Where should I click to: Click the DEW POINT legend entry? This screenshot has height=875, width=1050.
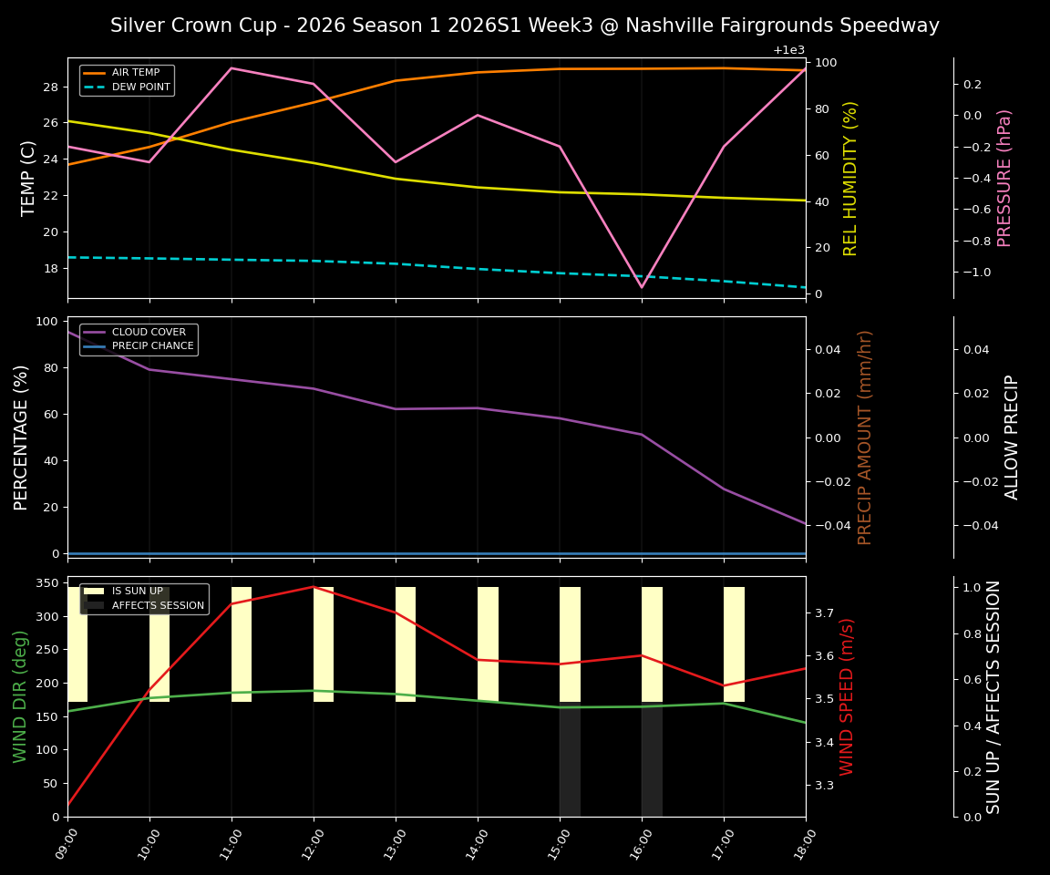[140, 87]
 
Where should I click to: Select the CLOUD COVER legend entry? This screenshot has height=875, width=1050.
[149, 333]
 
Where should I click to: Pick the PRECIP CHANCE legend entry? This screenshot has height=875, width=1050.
[152, 346]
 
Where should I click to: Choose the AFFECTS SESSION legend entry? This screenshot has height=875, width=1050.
[158, 605]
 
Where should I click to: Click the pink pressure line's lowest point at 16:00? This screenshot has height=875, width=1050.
[642, 287]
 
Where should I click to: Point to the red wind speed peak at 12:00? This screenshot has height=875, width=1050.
[314, 587]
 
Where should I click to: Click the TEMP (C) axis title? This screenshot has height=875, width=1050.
[28, 178]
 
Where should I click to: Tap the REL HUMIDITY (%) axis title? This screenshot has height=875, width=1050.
[850, 178]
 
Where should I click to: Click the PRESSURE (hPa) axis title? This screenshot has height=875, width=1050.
[1004, 178]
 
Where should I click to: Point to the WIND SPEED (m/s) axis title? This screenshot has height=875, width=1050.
[848, 696]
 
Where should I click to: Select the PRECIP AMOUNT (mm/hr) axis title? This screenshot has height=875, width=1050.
[865, 437]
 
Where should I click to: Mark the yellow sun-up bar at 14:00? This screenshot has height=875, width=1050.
[488, 643]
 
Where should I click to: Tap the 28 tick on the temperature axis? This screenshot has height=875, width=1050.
[50, 87]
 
